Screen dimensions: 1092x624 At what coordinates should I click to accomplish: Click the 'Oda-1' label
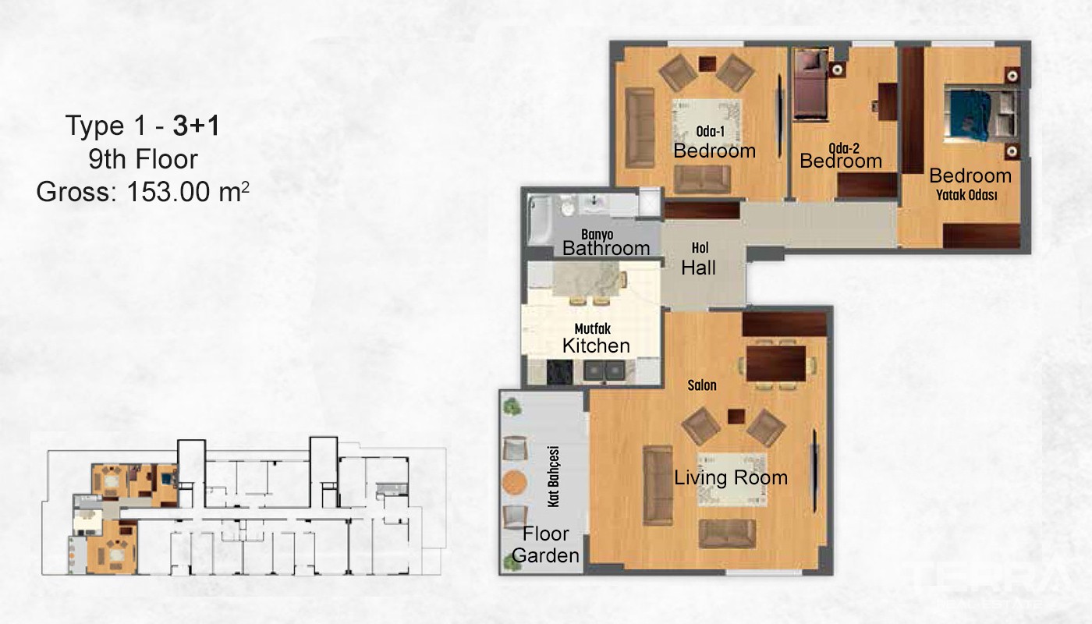(x=710, y=131)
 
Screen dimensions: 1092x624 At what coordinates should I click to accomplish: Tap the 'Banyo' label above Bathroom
(x=597, y=235)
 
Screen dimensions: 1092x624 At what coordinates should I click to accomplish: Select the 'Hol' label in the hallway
(x=700, y=248)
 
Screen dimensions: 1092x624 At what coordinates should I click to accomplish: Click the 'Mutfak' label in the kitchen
(x=592, y=329)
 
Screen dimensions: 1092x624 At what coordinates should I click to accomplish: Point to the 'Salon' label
(x=702, y=385)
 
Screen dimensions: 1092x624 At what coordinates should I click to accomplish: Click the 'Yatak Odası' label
(x=966, y=195)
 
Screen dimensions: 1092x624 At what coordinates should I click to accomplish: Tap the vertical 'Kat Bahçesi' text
(x=553, y=477)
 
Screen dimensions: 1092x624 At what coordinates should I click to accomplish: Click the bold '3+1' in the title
(x=196, y=126)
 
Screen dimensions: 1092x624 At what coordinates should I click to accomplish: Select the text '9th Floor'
(x=143, y=159)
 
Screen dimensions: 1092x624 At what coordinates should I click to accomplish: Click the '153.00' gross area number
(x=168, y=192)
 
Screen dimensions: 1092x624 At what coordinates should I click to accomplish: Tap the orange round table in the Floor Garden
(x=514, y=483)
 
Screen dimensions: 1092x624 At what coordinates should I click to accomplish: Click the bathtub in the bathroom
(x=540, y=220)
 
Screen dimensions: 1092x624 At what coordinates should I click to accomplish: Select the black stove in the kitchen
(x=559, y=373)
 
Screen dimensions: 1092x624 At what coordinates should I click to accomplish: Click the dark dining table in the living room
(x=775, y=363)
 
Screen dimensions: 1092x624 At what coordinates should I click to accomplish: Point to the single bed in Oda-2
(x=810, y=84)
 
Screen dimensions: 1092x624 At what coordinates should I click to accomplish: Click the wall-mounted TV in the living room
(x=814, y=470)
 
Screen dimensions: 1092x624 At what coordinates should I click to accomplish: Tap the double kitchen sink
(x=604, y=371)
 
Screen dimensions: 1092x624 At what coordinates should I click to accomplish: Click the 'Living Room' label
(x=731, y=477)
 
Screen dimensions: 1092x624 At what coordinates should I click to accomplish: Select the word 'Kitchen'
(x=596, y=346)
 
